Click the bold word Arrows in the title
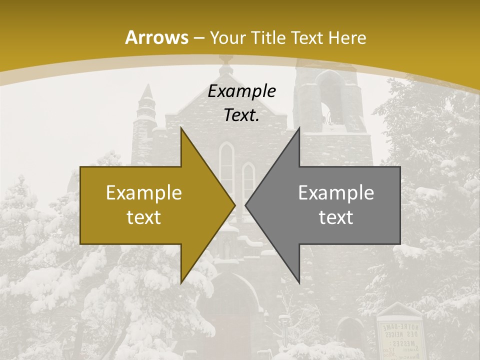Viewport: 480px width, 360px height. pos(156,37)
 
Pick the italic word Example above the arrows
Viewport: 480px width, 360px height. pos(242,91)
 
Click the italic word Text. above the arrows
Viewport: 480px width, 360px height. pos(242,115)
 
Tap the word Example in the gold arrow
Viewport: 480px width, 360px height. pos(144,193)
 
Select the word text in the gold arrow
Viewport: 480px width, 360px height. pos(144,217)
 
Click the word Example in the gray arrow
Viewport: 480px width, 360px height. pos(336,193)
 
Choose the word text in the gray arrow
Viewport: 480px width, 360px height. pos(336,217)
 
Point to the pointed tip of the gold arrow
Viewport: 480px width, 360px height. pos(234,205)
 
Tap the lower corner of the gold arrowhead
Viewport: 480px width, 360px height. pos(181,282)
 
